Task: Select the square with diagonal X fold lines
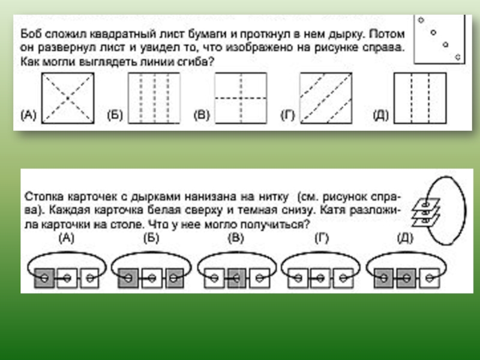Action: (67, 98)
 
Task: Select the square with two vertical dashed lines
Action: (419, 98)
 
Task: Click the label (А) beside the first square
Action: (28, 114)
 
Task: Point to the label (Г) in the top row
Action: (289, 114)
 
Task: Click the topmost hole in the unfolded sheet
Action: (421, 20)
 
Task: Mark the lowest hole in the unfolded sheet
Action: (458, 57)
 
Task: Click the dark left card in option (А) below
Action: (44, 277)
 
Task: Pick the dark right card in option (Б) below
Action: (173, 277)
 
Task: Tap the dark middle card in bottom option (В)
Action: (236, 277)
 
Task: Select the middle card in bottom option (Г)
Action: (320, 277)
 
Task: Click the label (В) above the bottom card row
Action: (236, 238)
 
